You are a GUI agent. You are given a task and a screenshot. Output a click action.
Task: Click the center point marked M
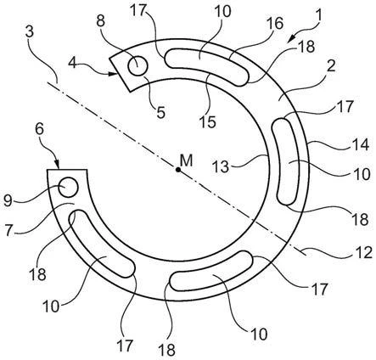[x=178, y=170]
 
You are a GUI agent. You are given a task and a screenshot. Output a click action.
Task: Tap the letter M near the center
[x=186, y=160]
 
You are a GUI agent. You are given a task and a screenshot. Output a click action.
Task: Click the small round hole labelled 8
[x=137, y=66]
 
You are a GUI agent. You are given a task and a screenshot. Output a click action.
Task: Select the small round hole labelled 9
[x=68, y=187]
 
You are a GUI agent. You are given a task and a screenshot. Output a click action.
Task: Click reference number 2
[x=330, y=66]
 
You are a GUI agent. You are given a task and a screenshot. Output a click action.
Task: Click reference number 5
[x=160, y=112]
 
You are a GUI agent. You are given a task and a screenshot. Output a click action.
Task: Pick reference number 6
[x=39, y=129]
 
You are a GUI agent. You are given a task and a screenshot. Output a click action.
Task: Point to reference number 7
[x=9, y=230]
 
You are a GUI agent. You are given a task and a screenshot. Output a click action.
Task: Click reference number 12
[x=364, y=252]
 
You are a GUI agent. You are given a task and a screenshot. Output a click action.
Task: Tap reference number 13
[x=221, y=166]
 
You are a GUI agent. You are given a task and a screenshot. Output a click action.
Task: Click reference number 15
[x=208, y=121]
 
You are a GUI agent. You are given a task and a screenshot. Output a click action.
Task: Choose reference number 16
[x=274, y=23]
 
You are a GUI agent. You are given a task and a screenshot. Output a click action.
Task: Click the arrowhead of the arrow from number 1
[x=290, y=39]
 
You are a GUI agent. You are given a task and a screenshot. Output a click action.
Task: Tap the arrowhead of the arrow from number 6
[x=58, y=166]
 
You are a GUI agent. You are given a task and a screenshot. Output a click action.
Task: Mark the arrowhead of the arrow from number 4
[x=114, y=74]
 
